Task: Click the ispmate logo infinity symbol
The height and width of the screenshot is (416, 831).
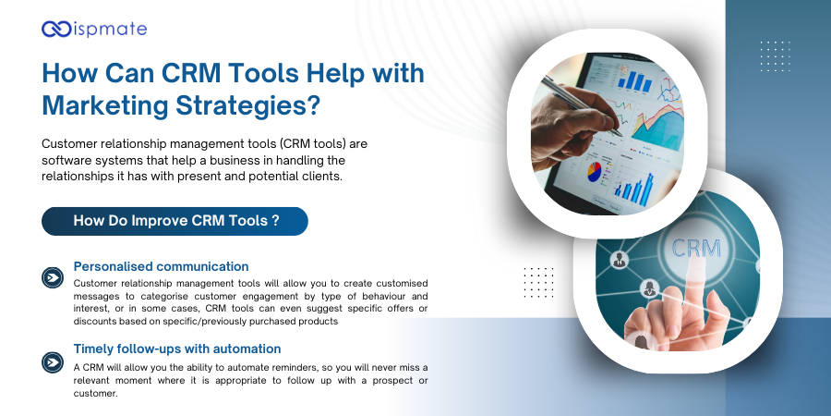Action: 56,30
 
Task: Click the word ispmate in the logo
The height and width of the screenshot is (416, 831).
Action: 108,30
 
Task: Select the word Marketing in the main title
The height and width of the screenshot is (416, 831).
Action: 100,104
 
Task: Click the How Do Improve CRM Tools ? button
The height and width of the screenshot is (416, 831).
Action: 175,221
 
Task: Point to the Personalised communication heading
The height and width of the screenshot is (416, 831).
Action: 161,266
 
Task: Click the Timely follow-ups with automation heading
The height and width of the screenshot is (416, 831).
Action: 177,349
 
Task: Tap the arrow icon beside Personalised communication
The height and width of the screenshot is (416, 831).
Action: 54,277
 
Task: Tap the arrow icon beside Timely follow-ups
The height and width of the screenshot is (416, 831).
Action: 54,361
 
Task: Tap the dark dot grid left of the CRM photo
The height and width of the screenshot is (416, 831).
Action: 537,282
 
